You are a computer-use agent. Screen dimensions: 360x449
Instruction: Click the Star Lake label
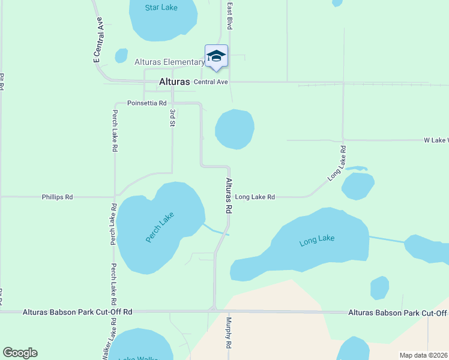(161, 8)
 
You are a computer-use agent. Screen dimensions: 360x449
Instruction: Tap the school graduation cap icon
(216, 56)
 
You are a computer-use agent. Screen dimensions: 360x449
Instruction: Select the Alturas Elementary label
(170, 62)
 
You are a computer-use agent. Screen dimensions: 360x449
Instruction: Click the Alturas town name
(174, 82)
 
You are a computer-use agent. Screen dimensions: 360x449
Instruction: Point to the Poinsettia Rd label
(146, 103)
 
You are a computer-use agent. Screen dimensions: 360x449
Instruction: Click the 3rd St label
(172, 118)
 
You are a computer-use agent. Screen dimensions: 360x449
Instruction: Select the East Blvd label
(229, 16)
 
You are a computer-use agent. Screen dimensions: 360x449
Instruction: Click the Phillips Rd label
(57, 197)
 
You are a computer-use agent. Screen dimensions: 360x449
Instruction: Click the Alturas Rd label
(229, 196)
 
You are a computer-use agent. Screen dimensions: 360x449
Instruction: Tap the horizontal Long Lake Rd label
(255, 197)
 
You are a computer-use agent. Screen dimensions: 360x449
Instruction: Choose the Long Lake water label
(317, 239)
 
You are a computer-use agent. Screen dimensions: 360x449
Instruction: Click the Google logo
(20, 353)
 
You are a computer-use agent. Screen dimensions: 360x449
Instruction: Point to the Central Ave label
(210, 82)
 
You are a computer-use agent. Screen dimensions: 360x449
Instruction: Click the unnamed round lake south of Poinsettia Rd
(234, 129)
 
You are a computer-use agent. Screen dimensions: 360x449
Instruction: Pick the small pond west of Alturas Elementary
(121, 56)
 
